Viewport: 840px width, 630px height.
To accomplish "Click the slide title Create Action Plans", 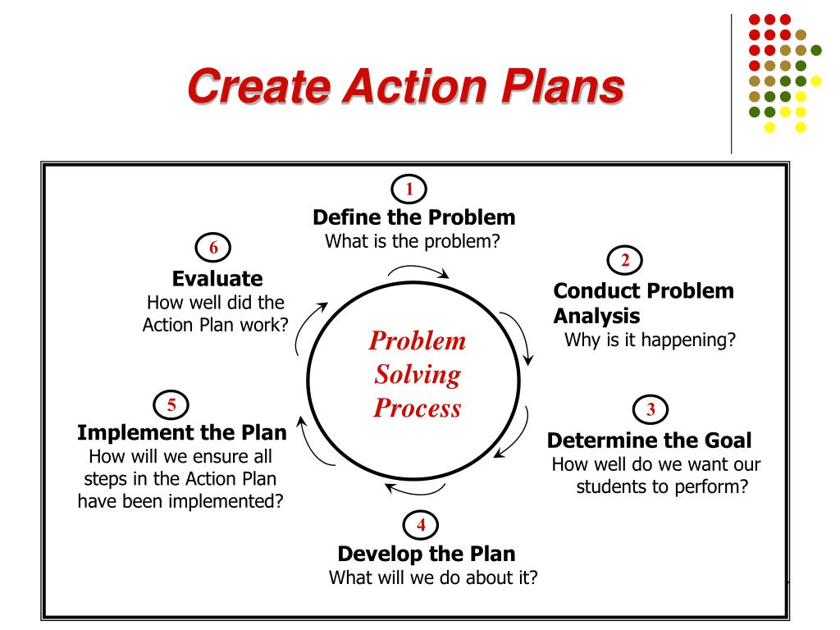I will tap(404, 87).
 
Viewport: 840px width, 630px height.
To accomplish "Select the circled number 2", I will tap(624, 261).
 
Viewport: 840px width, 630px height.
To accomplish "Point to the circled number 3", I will tap(650, 409).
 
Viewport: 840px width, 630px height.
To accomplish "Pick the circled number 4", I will tap(421, 524).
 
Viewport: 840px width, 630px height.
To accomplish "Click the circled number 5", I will tap(171, 404).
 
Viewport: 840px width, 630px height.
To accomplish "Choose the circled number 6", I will tap(213, 247).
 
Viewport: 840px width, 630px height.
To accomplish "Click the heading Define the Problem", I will tap(414, 217).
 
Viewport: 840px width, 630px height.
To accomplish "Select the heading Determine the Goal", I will tap(649, 441).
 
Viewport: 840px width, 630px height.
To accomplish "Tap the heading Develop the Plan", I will tap(427, 553).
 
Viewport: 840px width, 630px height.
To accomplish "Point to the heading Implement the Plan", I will tap(182, 432).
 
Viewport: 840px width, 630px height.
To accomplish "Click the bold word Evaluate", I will tap(217, 278).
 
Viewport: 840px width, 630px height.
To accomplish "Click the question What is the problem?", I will tap(413, 241).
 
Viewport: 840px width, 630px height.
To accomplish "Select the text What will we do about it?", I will tap(433, 577).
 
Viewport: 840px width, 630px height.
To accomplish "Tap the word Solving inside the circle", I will tap(417, 375).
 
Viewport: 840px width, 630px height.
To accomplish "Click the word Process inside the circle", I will tap(417, 408).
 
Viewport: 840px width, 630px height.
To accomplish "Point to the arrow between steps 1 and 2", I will tap(418, 271).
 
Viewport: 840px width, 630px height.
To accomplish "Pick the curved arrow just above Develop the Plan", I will tap(415, 491).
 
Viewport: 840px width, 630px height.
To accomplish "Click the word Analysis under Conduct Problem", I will tap(596, 316).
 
